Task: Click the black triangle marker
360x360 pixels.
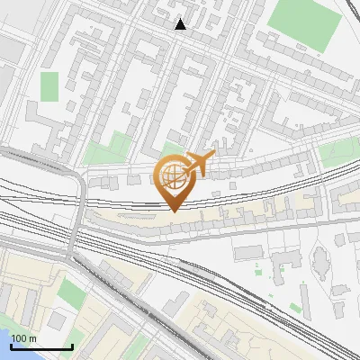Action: pos(181,24)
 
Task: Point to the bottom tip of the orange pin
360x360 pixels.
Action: pos(173,211)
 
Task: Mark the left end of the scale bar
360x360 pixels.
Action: pos(11,346)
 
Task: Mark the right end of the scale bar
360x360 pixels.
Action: pos(72,346)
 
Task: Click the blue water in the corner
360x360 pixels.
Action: pos(5,340)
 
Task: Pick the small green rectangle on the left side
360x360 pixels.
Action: pos(49,86)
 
